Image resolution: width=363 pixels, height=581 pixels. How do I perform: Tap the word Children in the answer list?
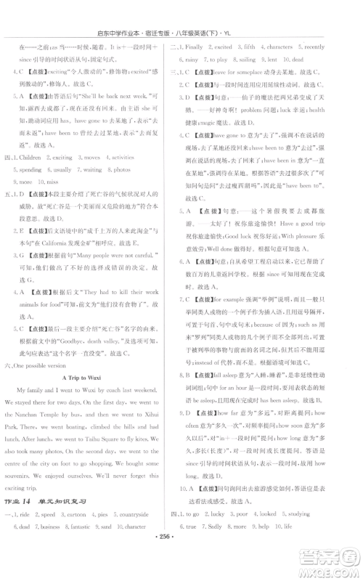click(37, 176)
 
